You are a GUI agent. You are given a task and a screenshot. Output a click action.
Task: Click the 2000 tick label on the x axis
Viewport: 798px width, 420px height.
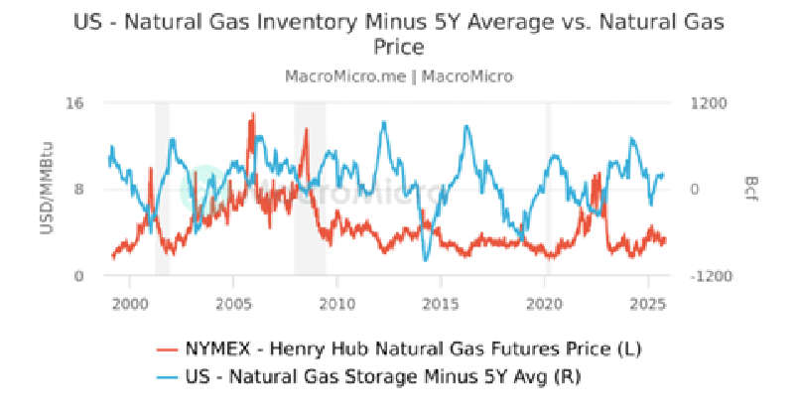click(x=130, y=304)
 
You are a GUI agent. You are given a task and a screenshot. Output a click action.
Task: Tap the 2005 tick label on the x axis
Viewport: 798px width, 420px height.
click(x=233, y=304)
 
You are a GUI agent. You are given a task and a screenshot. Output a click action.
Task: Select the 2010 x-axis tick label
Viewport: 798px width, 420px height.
click(x=336, y=304)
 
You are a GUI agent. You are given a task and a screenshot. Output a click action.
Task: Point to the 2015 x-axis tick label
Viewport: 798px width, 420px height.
click(x=441, y=304)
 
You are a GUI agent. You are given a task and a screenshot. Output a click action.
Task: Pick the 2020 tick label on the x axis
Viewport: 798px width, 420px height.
click(x=544, y=304)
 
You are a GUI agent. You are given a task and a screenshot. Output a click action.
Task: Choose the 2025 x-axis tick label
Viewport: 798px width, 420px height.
click(x=648, y=304)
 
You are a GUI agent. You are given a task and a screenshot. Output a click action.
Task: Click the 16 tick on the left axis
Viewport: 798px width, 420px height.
click(x=74, y=103)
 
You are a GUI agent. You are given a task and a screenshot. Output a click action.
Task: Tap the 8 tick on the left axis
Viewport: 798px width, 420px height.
click(x=78, y=190)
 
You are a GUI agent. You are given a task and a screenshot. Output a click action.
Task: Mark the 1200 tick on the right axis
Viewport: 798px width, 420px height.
click(x=709, y=103)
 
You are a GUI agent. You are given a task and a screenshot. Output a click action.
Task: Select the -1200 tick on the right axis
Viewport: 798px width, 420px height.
click(x=711, y=276)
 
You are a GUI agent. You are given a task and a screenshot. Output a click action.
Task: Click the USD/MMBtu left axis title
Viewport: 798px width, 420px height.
click(x=47, y=189)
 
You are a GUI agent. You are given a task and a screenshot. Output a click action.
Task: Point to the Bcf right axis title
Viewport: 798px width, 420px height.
click(x=751, y=189)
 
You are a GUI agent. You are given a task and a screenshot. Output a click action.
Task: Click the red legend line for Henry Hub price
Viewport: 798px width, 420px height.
click(x=167, y=350)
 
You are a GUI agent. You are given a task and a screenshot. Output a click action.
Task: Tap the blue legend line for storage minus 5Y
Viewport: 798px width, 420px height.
click(x=167, y=377)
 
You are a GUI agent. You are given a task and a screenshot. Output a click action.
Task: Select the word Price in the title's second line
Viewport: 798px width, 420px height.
click(x=399, y=47)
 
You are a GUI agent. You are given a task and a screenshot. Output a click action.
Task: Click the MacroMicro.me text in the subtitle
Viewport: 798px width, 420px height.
click(x=345, y=76)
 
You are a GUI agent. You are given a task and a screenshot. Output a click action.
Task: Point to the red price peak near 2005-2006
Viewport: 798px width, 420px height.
click(x=253, y=115)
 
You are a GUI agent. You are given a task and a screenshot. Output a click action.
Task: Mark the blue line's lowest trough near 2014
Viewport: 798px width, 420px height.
click(x=426, y=259)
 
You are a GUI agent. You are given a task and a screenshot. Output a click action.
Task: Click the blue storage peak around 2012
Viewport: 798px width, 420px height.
click(x=384, y=123)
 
